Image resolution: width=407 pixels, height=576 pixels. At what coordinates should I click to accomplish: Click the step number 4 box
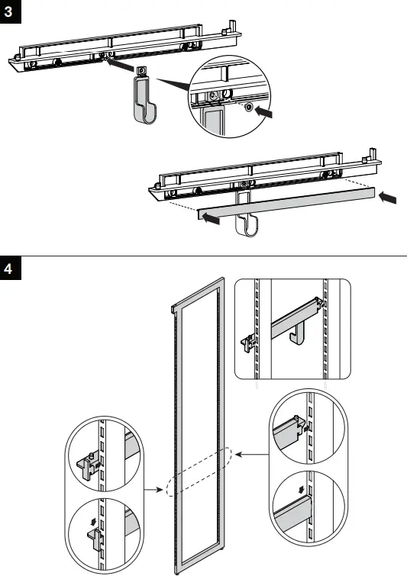(x=10, y=269)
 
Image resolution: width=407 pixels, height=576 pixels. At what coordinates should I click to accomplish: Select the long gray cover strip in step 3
(x=286, y=204)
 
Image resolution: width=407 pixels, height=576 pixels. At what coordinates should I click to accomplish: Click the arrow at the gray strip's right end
(x=389, y=198)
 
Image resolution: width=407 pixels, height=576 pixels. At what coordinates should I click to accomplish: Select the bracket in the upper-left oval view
(x=85, y=465)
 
